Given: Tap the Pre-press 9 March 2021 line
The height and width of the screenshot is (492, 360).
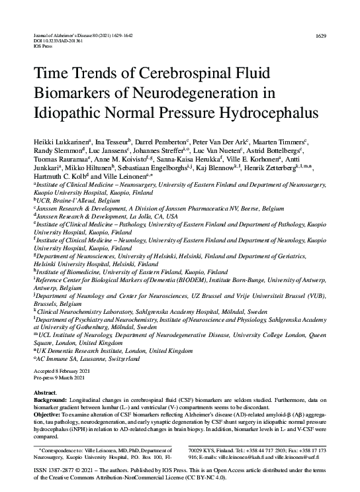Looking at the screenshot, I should pos(61,377).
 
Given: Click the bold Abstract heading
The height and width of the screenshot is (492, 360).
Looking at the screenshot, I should pos(44,393).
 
